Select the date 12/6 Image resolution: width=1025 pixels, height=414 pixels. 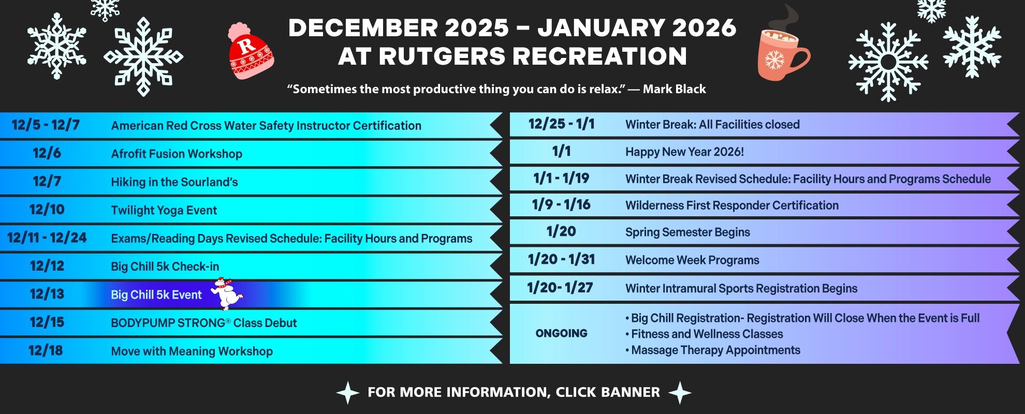coord(47,153)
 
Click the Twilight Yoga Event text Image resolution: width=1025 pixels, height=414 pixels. coord(164,210)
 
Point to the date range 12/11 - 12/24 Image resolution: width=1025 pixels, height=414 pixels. coord(47,238)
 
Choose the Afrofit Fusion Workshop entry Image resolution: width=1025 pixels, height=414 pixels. coord(177,154)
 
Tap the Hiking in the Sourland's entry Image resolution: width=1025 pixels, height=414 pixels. coord(174,182)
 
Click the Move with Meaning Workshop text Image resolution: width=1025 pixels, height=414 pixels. coord(192,351)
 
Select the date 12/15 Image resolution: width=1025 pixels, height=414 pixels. coord(47,322)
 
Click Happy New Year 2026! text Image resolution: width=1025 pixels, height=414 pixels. coord(684,152)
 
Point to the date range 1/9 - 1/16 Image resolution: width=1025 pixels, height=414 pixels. coord(561,205)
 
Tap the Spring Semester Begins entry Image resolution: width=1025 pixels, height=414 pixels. coord(687,232)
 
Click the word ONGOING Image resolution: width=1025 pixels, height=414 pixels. coord(561,333)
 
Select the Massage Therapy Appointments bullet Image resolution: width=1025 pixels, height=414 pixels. coord(714,350)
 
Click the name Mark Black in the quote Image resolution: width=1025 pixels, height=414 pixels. coord(674,89)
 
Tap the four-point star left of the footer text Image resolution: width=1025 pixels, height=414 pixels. coord(348,393)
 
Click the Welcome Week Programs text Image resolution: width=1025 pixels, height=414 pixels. coord(692,260)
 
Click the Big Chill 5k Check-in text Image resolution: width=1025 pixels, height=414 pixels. coord(165,267)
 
